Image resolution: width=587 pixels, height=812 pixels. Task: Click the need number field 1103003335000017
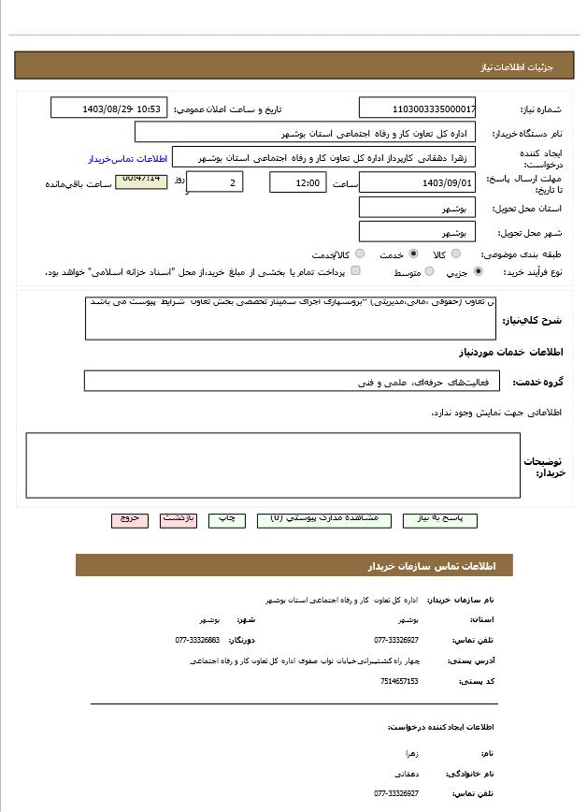coord(418,109)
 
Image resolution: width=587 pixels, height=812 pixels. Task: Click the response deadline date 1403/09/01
coord(418,182)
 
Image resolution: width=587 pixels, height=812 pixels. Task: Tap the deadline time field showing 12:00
coord(298,182)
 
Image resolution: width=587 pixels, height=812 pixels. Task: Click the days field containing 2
coord(215,182)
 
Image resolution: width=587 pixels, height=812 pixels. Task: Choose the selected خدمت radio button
coord(413,254)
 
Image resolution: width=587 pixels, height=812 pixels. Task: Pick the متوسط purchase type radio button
coord(430,271)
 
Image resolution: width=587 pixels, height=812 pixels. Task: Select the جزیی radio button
coord(480,271)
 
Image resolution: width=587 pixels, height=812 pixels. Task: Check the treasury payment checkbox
coord(355,271)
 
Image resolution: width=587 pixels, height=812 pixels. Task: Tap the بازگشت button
coord(179,519)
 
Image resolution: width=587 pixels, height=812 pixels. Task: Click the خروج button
coord(129,519)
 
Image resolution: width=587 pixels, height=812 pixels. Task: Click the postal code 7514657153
coord(399,681)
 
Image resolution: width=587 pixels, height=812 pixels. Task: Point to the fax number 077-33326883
coord(197,640)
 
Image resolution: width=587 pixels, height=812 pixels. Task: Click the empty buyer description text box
coord(273,465)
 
